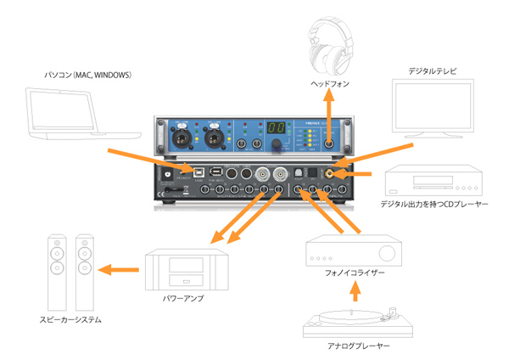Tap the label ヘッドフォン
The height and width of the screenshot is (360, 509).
pos(329,85)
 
